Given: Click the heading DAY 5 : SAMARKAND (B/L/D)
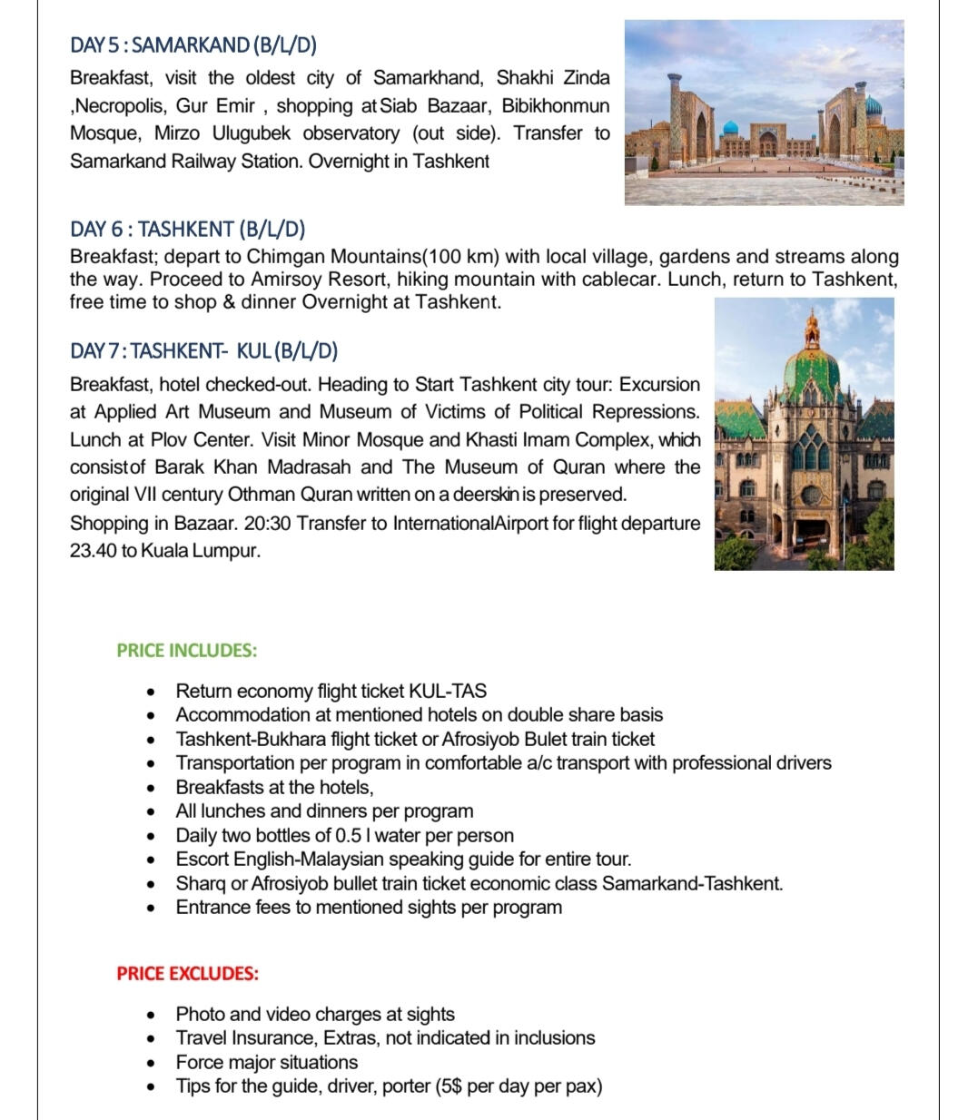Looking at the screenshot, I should pos(193,45).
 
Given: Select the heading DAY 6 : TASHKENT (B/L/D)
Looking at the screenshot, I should pos(187,229).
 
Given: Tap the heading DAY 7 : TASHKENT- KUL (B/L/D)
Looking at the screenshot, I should pos(203,351).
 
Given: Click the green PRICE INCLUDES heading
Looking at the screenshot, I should pos(186,650).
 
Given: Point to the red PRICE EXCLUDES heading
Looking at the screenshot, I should pos(187,973).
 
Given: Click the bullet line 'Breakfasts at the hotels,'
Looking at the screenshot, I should pos(274,787).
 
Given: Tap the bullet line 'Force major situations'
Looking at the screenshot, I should pos(266,1062).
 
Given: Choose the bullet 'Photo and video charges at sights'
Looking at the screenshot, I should pos(315,1014).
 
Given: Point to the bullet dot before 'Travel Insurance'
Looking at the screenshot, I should pos(152,1038).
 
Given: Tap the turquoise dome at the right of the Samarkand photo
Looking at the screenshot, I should pos(873,108).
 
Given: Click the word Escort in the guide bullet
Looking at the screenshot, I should pos(203,860).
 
